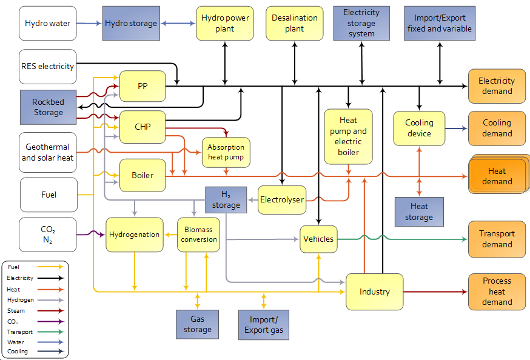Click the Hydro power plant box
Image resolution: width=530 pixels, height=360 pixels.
click(x=224, y=24)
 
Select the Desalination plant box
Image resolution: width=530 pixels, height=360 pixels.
click(x=295, y=24)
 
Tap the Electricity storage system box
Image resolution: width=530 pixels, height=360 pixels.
click(x=361, y=24)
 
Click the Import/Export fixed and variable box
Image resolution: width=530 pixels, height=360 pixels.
click(x=439, y=24)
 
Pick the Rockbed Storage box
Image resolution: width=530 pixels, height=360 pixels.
click(x=48, y=107)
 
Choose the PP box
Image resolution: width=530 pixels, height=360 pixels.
click(x=143, y=86)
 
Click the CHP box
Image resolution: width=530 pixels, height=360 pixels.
click(x=143, y=127)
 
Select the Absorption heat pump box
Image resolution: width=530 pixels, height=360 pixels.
click(x=226, y=152)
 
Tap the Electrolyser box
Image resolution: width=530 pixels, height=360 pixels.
click(x=281, y=199)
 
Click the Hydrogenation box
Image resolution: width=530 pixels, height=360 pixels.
click(x=135, y=235)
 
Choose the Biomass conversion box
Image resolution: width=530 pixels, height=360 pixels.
click(x=198, y=235)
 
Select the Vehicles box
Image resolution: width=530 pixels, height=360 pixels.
click(x=318, y=239)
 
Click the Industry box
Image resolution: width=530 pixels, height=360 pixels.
click(x=374, y=292)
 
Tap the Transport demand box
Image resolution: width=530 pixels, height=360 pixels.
click(x=497, y=239)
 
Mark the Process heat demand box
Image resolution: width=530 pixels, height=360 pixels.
click(x=497, y=292)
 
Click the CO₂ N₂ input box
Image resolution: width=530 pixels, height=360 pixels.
click(x=48, y=235)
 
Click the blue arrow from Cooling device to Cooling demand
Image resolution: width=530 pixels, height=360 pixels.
click(x=456, y=128)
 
